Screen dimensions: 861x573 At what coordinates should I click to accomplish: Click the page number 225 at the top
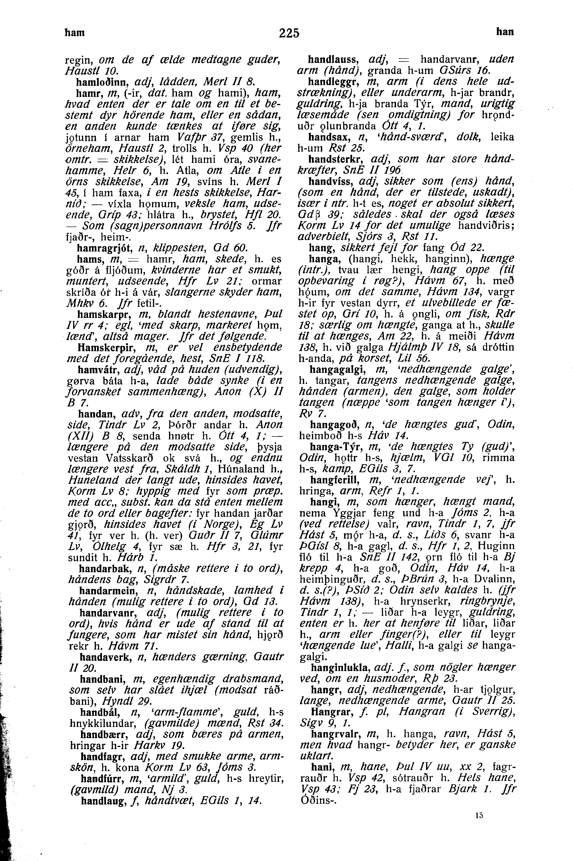(289, 33)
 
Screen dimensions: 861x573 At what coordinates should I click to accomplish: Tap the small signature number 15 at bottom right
(479, 812)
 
